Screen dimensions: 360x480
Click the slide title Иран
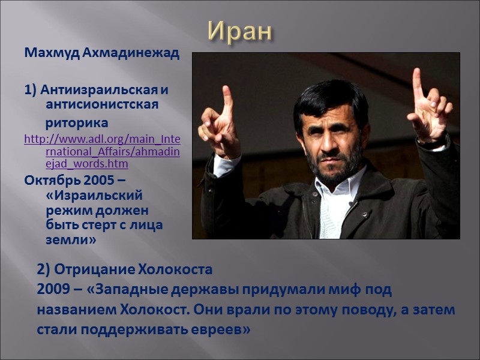[x=240, y=31]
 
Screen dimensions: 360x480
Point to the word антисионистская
[x=102, y=105]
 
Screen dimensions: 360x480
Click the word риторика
[x=77, y=123]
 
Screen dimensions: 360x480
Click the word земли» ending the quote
[x=71, y=239]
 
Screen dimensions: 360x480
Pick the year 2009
[x=53, y=290]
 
